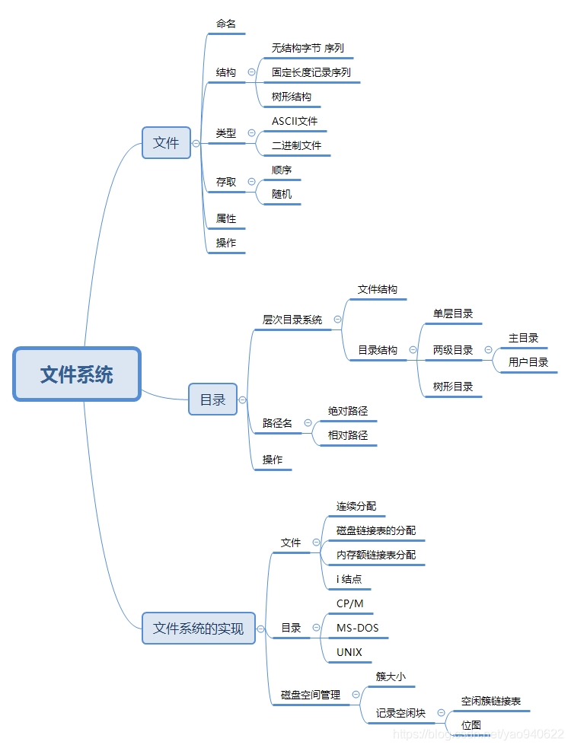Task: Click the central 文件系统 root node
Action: pos(77,374)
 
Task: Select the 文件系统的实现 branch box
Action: pos(198,628)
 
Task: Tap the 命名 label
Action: pos(225,24)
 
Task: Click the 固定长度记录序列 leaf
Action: pos(311,72)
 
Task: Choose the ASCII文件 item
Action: pos(295,121)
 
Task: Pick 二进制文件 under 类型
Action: pos(296,145)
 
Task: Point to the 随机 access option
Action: pos(282,194)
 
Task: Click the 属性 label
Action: pos(226,218)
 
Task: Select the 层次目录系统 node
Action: pos(292,320)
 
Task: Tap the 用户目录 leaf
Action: pos(528,362)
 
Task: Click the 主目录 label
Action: pos(524,338)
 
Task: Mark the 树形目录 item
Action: pos(453,387)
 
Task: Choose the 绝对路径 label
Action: pos(348,411)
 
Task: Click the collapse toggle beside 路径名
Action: pos(308,423)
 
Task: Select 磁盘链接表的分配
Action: pos(376,530)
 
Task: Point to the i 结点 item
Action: pos(349,579)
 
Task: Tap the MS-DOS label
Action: pos(357,628)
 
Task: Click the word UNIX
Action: pos(349,652)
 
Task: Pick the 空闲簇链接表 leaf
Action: pos(491,701)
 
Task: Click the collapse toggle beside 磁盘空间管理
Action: pos(355,694)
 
